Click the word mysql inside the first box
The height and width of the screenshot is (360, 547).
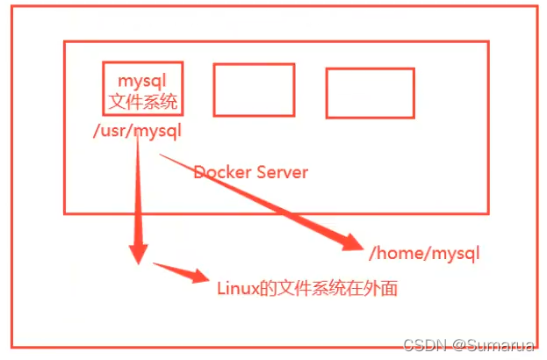click(x=142, y=81)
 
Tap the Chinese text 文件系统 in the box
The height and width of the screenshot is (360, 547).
click(x=142, y=102)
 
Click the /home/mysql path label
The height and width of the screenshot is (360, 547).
click(x=425, y=254)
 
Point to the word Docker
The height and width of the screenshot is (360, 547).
click(x=222, y=172)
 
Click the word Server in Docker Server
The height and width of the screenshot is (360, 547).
click(x=282, y=172)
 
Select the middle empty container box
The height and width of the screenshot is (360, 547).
click(x=254, y=90)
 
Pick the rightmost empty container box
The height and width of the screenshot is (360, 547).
click(x=363, y=92)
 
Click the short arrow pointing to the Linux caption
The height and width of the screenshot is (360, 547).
click(x=180, y=271)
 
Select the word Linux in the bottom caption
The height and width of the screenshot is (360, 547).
click(x=235, y=287)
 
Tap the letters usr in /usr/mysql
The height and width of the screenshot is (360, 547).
click(x=116, y=132)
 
